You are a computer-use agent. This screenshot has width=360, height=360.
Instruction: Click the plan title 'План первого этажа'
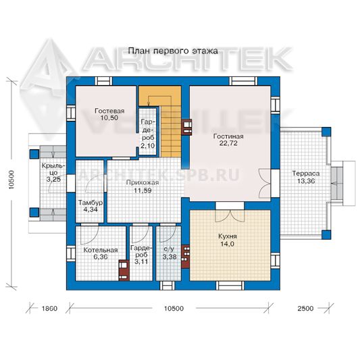click(173, 51)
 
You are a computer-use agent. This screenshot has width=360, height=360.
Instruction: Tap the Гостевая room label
click(109, 111)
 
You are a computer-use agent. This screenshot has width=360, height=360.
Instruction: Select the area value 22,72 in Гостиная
click(228, 143)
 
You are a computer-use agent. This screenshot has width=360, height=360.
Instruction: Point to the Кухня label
click(228, 236)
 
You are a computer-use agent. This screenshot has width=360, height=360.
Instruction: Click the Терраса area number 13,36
click(306, 181)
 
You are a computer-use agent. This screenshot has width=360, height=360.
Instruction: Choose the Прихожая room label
click(143, 183)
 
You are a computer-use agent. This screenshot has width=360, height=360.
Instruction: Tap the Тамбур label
click(91, 203)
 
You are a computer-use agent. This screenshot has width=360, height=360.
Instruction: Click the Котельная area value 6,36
click(101, 257)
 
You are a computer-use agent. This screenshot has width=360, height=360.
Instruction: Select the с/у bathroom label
click(169, 249)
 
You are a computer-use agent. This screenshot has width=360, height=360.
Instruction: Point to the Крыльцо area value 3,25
click(54, 179)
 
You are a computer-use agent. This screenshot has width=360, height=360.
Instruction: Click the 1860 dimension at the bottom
click(49, 309)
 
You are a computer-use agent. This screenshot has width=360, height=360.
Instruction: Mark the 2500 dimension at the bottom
click(305, 309)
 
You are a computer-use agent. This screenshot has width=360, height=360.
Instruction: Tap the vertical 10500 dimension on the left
click(11, 180)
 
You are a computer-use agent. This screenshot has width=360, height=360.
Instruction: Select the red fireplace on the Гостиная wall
click(186, 127)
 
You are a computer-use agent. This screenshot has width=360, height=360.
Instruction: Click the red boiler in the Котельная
click(124, 270)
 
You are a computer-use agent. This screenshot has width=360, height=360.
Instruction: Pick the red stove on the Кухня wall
click(185, 257)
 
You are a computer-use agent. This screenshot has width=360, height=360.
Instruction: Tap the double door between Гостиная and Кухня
click(230, 215)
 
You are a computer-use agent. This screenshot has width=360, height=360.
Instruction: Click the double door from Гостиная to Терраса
click(265, 183)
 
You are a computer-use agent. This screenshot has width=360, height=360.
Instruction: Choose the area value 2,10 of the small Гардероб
click(148, 146)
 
